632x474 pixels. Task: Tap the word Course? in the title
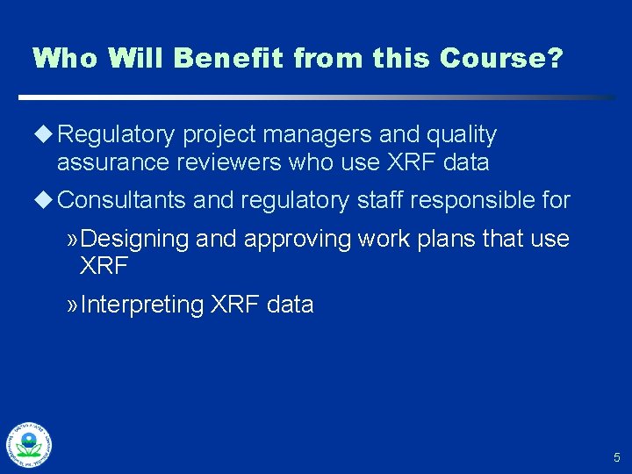click(501, 59)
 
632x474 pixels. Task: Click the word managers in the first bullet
click(332, 135)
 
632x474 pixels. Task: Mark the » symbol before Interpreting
click(71, 305)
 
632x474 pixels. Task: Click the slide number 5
click(616, 457)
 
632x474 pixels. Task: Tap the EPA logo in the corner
click(28, 444)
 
